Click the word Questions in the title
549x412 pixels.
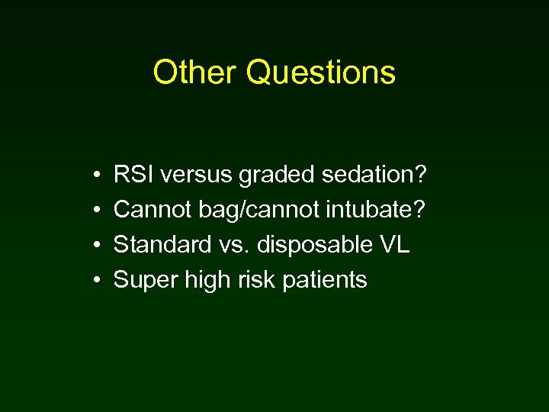tap(321, 73)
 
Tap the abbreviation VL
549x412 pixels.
tap(393, 245)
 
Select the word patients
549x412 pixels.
tap(325, 281)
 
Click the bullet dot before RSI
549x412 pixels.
tap(91, 176)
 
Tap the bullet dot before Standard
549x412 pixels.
tap(91, 246)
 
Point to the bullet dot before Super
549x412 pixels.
tap(91, 282)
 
